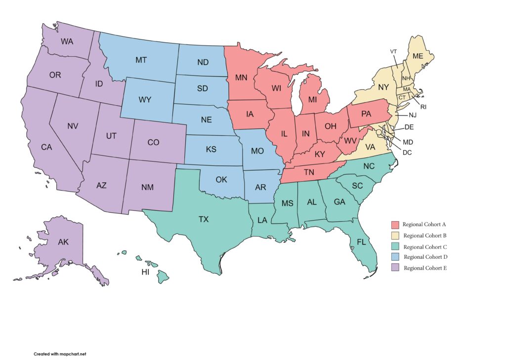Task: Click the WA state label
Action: click(x=67, y=41)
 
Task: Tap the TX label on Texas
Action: click(x=204, y=219)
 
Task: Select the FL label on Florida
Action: click(x=362, y=242)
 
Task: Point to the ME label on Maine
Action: click(x=418, y=56)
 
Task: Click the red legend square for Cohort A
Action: click(x=395, y=225)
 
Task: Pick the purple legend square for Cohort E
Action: click(x=395, y=268)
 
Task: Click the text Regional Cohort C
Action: click(x=425, y=247)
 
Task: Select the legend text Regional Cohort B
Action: click(x=425, y=236)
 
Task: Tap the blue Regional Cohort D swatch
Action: click(x=395, y=257)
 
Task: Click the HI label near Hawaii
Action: click(x=146, y=273)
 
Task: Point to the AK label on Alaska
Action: click(x=63, y=242)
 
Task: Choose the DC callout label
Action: click(x=407, y=153)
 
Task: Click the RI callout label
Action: click(x=423, y=107)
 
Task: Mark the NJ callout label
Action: click(x=413, y=116)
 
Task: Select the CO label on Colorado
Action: click(x=153, y=142)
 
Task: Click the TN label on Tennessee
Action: click(x=309, y=172)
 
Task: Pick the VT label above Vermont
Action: click(x=393, y=51)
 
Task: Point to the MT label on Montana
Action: click(x=141, y=60)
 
